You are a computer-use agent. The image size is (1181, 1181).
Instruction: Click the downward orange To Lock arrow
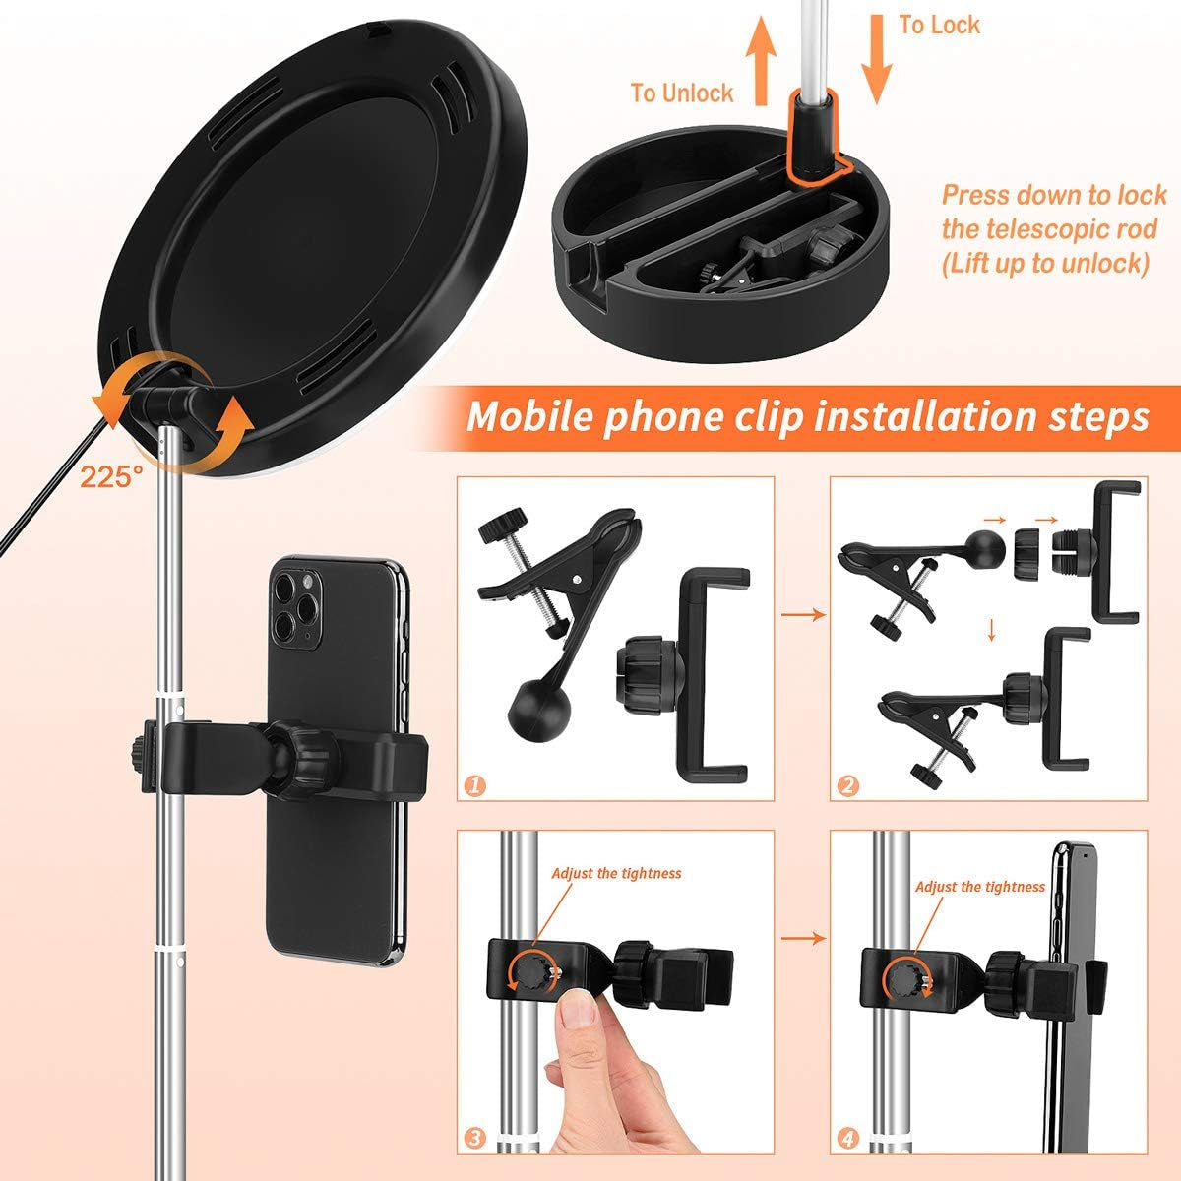click(x=876, y=60)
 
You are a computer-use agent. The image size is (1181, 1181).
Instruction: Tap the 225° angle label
click(x=110, y=478)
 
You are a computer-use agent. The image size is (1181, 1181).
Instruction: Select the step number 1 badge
click(x=475, y=785)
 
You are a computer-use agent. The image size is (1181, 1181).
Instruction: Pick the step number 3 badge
click(x=475, y=1140)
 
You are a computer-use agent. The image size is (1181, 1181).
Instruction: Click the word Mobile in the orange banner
click(x=531, y=415)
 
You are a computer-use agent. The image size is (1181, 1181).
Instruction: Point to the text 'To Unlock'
click(x=682, y=93)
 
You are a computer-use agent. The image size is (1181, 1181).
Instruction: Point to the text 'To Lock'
click(x=940, y=25)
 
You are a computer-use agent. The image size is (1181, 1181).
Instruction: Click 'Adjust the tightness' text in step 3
click(x=616, y=873)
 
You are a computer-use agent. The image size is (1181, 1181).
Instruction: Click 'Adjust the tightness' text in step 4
click(x=980, y=887)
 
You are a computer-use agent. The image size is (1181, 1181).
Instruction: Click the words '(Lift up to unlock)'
click(x=1044, y=263)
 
